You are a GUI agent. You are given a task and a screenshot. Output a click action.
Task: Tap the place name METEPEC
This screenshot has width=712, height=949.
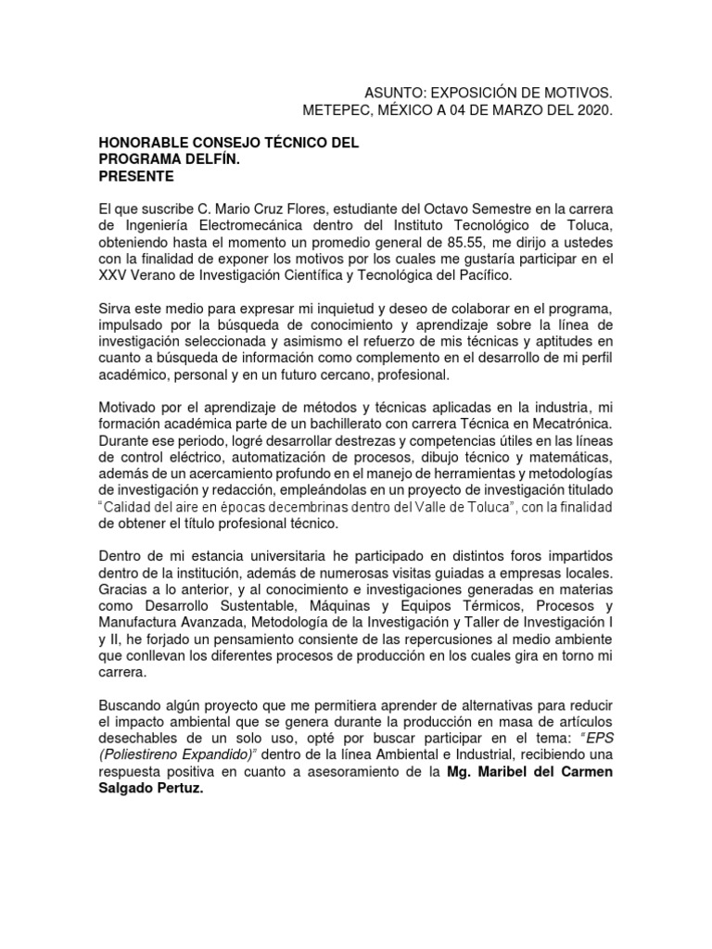(x=338, y=111)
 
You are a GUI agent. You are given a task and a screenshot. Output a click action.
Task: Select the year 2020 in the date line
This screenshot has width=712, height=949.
(x=591, y=111)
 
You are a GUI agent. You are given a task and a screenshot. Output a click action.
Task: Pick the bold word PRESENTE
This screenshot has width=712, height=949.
(x=136, y=176)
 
